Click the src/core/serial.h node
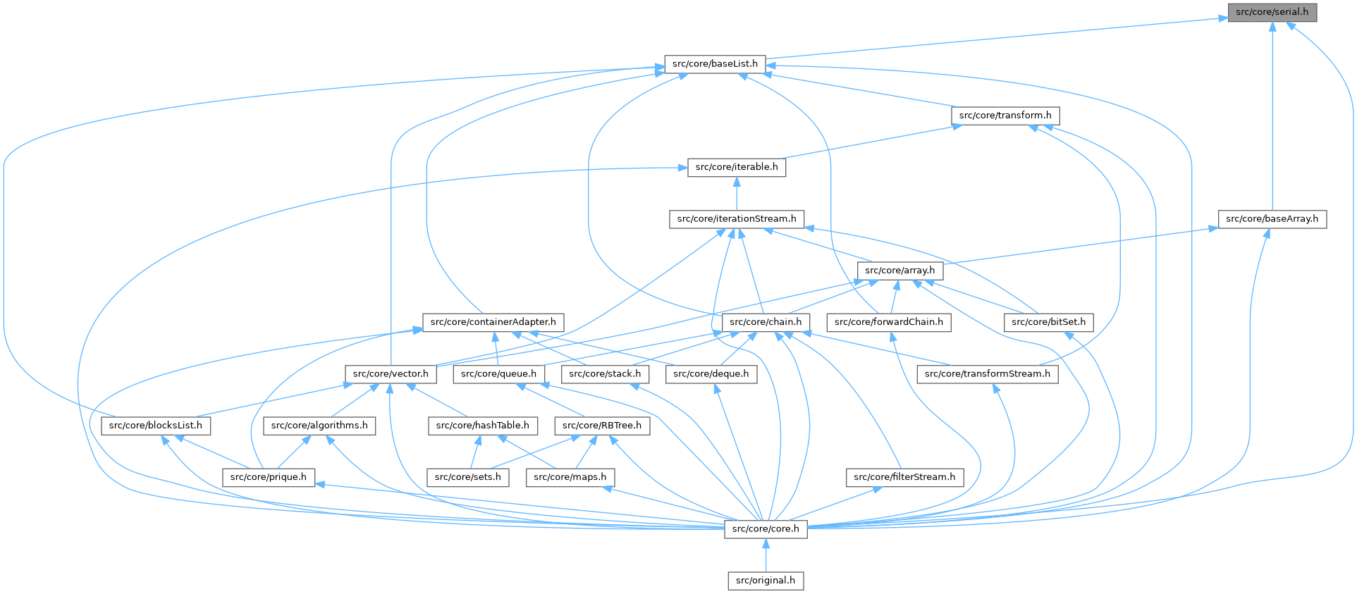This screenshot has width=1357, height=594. (1272, 12)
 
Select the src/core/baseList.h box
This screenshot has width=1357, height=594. (715, 64)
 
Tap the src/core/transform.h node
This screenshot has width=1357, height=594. (1005, 116)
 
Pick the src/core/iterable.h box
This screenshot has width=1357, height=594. (737, 167)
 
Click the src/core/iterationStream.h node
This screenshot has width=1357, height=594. (737, 219)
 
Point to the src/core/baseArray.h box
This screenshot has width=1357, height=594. (1272, 219)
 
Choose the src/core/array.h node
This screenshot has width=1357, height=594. (899, 271)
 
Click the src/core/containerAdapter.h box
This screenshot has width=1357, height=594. (493, 322)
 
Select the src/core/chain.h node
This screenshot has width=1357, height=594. (766, 322)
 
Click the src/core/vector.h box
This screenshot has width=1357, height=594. (391, 374)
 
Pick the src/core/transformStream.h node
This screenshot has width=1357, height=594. (987, 374)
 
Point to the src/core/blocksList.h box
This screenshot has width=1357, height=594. (155, 426)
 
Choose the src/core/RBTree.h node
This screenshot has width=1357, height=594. (602, 426)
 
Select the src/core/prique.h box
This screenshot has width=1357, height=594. (269, 477)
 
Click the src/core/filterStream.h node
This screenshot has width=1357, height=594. (904, 477)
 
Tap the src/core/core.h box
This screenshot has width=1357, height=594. (766, 528)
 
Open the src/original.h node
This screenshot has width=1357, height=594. (766, 581)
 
